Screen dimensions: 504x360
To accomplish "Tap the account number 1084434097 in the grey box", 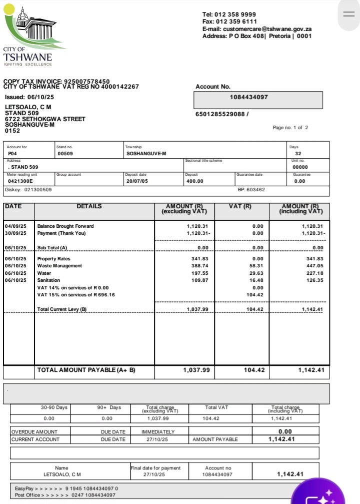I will click(x=249, y=97).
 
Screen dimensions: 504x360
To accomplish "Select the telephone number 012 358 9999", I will click(x=236, y=15).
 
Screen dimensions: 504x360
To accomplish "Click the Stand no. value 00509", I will click(x=65, y=154).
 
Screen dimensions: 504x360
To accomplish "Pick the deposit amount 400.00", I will click(x=194, y=181).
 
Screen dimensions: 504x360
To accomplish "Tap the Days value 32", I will click(x=298, y=154).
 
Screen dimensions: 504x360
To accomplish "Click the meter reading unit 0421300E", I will click(x=20, y=181).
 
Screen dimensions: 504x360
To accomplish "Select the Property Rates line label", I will click(x=53, y=258).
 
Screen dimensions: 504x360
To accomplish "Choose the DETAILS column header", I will click(x=89, y=206).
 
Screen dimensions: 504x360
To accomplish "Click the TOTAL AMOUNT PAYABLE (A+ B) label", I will click(x=86, y=370).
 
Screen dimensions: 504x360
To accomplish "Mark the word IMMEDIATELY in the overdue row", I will click(x=158, y=431).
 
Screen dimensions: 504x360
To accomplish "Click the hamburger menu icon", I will click(x=348, y=14).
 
